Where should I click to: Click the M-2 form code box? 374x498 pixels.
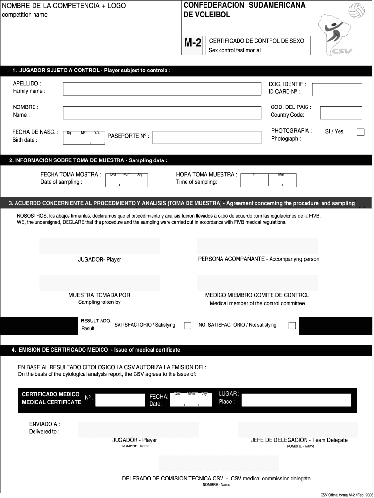tap(193, 43)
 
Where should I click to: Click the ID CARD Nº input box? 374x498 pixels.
tap(337, 89)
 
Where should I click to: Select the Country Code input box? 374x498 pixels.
tap(340, 112)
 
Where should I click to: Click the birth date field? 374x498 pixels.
tap(84, 138)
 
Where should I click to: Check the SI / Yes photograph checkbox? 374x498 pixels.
tap(360, 132)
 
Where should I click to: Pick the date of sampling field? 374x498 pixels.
tap(126, 179)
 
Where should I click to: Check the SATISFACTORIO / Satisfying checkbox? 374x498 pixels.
tap(187, 326)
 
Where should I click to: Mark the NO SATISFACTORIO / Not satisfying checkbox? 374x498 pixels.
tap(292, 326)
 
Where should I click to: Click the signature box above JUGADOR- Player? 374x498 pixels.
tap(100, 246)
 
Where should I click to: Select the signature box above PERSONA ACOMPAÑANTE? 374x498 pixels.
tap(257, 246)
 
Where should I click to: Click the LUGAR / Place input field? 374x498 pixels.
tap(296, 400)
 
